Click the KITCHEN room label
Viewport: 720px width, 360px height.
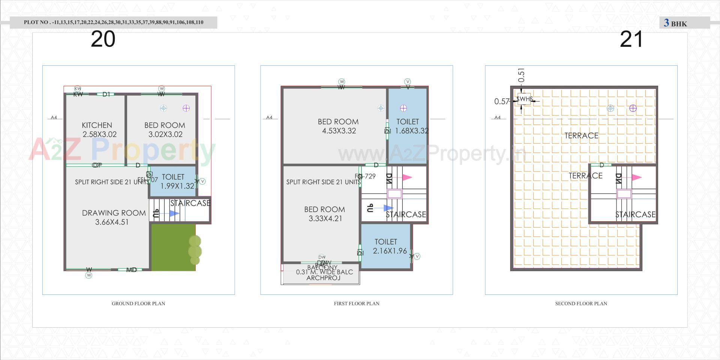pyautogui.click(x=97, y=125)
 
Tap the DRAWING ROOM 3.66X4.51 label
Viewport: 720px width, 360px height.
pyautogui.click(x=114, y=217)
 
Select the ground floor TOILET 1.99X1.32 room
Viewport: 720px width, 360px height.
pyautogui.click(x=173, y=181)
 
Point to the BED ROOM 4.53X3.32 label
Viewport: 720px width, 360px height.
pyautogui.click(x=338, y=126)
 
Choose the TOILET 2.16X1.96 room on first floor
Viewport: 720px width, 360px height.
pyautogui.click(x=386, y=246)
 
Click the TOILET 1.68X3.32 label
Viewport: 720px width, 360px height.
pyautogui.click(x=408, y=126)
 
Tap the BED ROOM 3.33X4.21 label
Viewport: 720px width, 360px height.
pyautogui.click(x=325, y=214)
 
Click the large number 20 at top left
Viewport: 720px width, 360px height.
pyautogui.click(x=103, y=39)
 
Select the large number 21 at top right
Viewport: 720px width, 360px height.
pyautogui.click(x=631, y=39)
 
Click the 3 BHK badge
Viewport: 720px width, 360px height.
pyautogui.click(x=675, y=23)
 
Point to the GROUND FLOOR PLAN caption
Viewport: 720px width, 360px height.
pyautogui.click(x=138, y=303)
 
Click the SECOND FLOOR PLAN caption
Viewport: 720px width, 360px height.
pyautogui.click(x=581, y=303)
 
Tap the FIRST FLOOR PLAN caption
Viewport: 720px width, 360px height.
pyautogui.click(x=357, y=303)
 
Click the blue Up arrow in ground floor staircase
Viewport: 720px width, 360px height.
pyautogui.click(x=174, y=213)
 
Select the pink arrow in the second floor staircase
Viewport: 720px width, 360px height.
pyautogui.click(x=636, y=177)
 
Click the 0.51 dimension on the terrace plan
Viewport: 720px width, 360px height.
pyautogui.click(x=521, y=75)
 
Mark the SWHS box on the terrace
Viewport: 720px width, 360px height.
pyautogui.click(x=524, y=99)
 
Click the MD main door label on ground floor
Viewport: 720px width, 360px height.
pyautogui.click(x=131, y=270)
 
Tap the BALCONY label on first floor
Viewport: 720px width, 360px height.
pyautogui.click(x=322, y=267)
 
